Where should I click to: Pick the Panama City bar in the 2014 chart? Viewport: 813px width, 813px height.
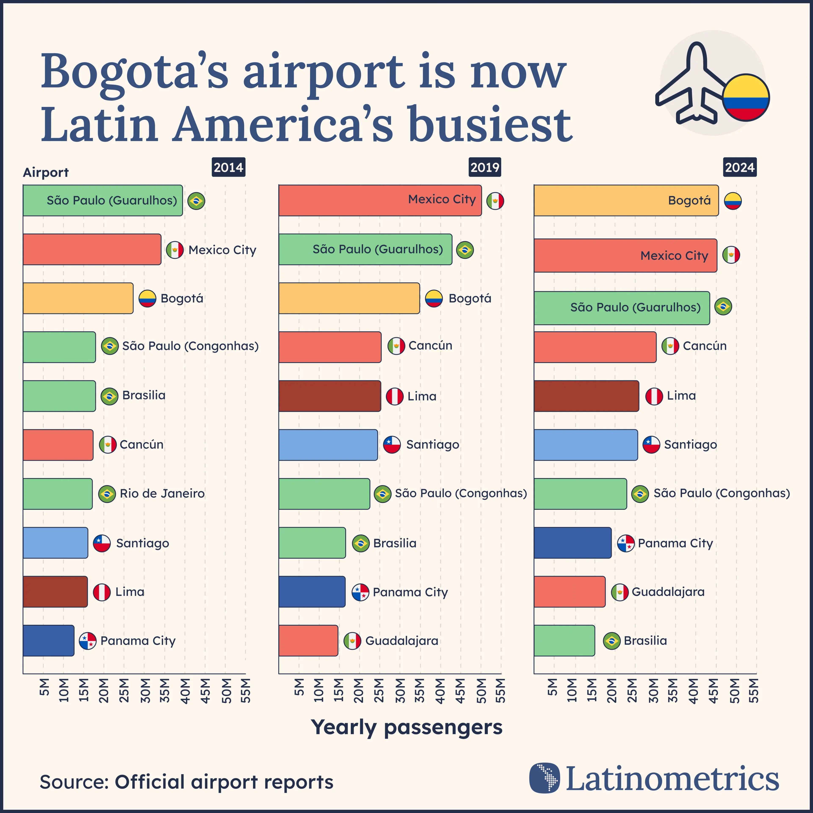coord(48,640)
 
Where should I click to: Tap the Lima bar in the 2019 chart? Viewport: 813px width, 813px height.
coord(329,396)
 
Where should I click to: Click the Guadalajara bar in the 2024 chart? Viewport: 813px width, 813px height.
coord(569,592)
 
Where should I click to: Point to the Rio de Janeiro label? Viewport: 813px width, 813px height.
coord(162,494)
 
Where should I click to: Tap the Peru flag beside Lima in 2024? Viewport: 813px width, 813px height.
coord(654,396)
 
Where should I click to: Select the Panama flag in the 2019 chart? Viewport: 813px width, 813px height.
coord(360,592)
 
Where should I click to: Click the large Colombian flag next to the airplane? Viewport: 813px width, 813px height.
coord(746,98)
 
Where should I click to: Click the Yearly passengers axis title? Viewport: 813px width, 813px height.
coord(406,727)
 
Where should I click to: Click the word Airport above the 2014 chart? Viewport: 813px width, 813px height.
coord(46,173)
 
